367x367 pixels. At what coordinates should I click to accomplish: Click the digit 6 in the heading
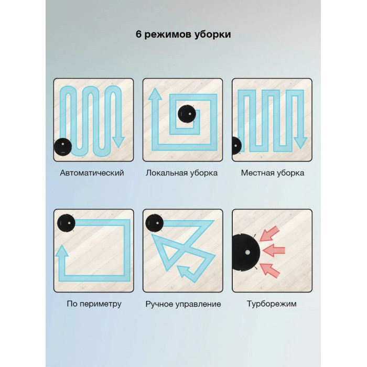pos(139,35)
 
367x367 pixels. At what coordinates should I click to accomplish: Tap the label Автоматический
pos(92,173)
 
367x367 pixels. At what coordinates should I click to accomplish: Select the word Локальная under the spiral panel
pos(167,173)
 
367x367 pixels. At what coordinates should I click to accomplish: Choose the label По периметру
pos(94,304)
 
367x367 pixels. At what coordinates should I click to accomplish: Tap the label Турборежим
pos(272,304)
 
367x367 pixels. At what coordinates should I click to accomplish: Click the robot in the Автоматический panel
pos(63,147)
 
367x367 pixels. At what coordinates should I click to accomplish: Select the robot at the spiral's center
pos(187,114)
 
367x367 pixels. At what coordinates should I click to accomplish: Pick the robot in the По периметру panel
pos(66,223)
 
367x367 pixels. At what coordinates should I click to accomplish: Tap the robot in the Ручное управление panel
pos(155,223)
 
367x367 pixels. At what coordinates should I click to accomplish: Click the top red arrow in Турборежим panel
pos(269,234)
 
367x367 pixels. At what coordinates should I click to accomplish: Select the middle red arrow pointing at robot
pos(274,251)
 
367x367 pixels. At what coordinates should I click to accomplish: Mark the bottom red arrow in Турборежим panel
pos(270,271)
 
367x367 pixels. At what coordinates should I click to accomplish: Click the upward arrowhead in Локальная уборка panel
pos(155,94)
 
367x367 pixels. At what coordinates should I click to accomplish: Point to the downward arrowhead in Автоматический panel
pos(118,142)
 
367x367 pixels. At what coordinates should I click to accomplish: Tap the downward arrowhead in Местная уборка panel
pos(300,143)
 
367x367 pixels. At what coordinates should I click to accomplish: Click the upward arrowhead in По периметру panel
pos(62,251)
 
